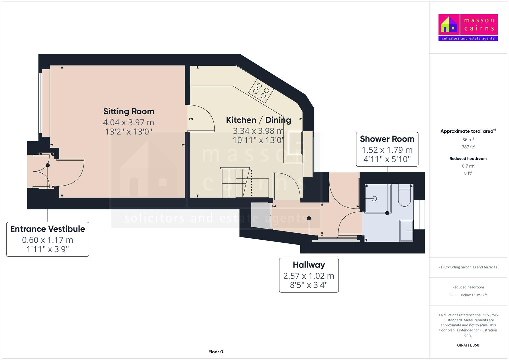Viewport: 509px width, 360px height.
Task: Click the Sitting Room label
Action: click(129, 111)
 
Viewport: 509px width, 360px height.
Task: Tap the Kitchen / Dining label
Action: click(258, 120)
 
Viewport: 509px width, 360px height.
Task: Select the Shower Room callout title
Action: click(387, 139)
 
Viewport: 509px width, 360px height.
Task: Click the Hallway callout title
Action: click(309, 265)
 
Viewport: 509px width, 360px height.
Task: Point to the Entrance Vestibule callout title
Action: click(48, 229)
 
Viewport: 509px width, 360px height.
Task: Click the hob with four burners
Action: click(261, 90)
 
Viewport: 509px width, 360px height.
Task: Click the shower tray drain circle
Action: click(374, 199)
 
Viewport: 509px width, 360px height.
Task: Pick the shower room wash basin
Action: click(406, 230)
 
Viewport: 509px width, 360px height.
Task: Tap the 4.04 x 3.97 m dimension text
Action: click(129, 122)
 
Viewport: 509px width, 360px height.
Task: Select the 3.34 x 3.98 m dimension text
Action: click(258, 131)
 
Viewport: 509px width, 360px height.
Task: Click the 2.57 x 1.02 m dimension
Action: click(309, 276)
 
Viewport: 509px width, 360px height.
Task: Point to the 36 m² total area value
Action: click(468, 140)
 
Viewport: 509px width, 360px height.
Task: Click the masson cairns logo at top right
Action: click(468, 27)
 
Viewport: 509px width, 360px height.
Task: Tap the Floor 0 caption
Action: click(216, 352)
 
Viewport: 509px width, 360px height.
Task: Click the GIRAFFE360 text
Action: click(468, 345)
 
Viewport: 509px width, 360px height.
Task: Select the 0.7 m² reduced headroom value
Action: click(468, 166)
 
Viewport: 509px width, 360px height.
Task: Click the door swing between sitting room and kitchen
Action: click(202, 119)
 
